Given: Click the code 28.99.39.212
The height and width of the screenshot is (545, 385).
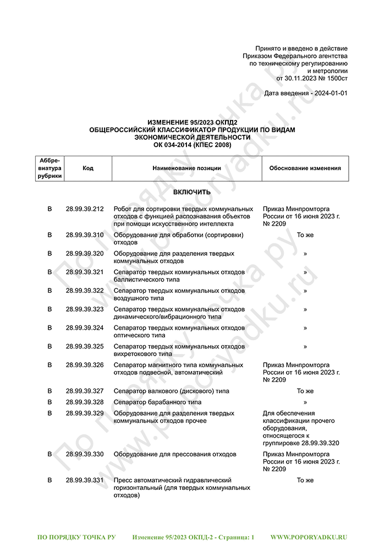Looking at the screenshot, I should click(84, 209).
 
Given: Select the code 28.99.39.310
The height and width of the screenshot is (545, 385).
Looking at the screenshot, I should click(84, 235).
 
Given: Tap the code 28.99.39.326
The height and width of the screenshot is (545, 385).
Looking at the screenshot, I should click(84, 365).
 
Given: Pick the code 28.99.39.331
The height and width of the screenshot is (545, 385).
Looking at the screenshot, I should click(84, 480).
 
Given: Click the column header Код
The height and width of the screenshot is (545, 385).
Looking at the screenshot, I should click(88, 168).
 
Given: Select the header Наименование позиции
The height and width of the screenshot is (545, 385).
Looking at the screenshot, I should click(186, 168).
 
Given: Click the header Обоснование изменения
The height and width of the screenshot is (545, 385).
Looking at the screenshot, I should click(305, 168).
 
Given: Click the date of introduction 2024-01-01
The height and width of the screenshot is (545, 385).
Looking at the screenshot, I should click(329, 94).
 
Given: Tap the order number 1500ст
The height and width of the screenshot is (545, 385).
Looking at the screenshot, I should click(336, 79).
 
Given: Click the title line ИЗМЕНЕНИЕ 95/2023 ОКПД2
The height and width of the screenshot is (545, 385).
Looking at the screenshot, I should click(192, 122).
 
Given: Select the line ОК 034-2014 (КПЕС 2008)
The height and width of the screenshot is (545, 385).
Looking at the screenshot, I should click(192, 145).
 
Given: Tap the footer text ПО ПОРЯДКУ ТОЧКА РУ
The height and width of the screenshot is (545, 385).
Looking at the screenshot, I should click(76, 536).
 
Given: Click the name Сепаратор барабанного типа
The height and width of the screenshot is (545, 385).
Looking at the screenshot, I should click(157, 402).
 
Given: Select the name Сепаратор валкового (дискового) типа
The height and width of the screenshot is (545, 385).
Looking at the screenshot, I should click(171, 391).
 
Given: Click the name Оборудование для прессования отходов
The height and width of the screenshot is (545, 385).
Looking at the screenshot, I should click(175, 454).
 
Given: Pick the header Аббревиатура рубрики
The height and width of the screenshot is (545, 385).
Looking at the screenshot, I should click(50, 168).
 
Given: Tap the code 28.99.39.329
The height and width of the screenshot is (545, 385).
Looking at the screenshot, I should click(84, 413).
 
